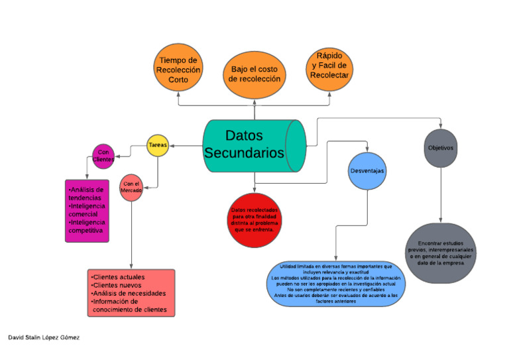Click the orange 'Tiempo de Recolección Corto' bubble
pyautogui.click(x=178, y=70)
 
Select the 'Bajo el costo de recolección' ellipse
pyautogui.click(x=254, y=74)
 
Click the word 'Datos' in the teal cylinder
pyautogui.click(x=244, y=135)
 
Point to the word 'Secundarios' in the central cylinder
pyautogui.click(x=244, y=153)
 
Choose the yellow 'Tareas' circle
pyautogui.click(x=157, y=145)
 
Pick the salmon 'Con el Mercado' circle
pyautogui.click(x=131, y=188)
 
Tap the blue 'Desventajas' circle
pyautogui.click(x=367, y=171)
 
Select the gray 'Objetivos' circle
pyautogui.click(x=441, y=148)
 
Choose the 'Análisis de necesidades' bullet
pyautogui.click(x=129, y=293)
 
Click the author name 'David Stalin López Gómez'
pyautogui.click(x=44, y=337)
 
